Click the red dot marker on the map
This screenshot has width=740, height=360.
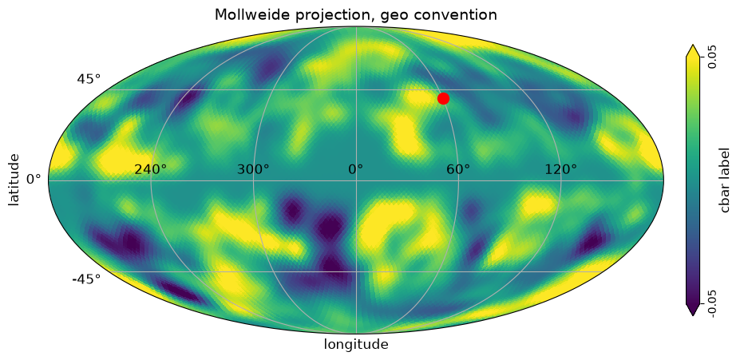point(443,98)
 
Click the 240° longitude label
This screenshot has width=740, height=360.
point(151,169)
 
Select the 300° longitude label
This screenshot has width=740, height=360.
point(253,169)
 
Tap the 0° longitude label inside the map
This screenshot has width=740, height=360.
point(356,169)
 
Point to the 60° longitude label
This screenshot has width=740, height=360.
point(459,169)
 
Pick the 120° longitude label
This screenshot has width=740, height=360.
point(561,169)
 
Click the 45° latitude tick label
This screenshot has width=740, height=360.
point(89,79)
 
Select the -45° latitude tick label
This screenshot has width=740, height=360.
point(86,279)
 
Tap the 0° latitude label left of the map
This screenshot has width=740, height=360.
point(34,180)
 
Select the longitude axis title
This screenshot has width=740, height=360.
point(356,344)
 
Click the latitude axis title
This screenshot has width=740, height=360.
point(14,180)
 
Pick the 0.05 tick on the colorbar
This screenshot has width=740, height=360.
point(712,57)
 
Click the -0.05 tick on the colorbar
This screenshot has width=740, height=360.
point(712,304)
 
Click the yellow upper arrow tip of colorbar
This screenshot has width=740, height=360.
point(692,45)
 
